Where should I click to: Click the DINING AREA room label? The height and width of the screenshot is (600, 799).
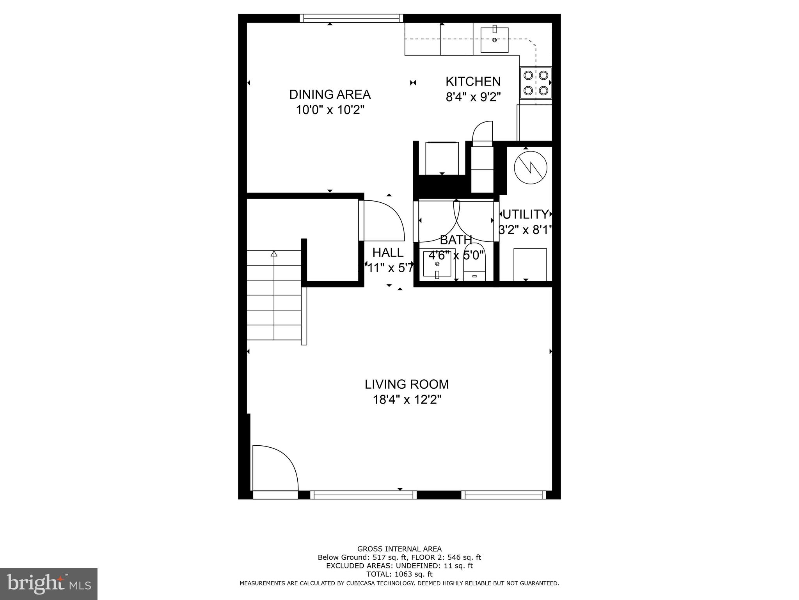(330, 95)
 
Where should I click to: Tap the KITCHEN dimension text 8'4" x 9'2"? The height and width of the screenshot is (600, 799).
(473, 97)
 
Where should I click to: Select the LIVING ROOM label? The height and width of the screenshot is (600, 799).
(407, 384)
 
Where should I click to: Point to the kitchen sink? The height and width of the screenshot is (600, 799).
(494, 39)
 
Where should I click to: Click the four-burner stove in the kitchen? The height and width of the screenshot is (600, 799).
(536, 83)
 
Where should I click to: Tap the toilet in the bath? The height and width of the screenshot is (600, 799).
(474, 262)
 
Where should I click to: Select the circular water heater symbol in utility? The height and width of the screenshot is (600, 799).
(530, 168)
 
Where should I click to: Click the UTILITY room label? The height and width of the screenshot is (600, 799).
(526, 214)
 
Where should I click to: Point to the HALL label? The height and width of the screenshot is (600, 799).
(388, 253)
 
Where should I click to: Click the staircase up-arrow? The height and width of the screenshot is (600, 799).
(274, 254)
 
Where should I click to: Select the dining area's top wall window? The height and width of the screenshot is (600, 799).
(351, 18)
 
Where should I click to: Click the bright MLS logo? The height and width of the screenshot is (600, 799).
(49, 584)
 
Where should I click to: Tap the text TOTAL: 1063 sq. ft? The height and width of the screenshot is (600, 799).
(399, 574)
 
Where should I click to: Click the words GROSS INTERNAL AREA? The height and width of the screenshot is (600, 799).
(399, 549)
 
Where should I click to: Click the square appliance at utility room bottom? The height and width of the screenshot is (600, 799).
(530, 264)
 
